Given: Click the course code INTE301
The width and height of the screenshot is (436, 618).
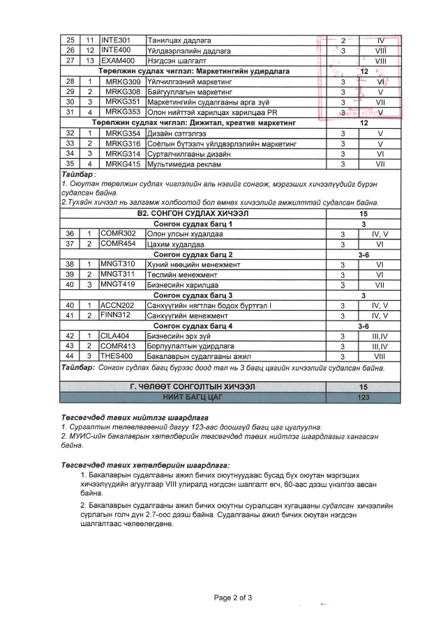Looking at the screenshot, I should tap(116, 40).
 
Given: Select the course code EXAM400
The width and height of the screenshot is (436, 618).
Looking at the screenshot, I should tap(117, 61).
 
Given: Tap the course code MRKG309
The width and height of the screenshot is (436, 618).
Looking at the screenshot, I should tap(123, 82).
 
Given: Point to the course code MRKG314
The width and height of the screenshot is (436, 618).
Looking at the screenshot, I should tap(123, 153).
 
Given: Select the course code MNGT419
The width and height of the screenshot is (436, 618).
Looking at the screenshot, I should tap(118, 284).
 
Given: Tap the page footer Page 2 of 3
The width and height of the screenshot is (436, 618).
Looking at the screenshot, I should tap(233, 597).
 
